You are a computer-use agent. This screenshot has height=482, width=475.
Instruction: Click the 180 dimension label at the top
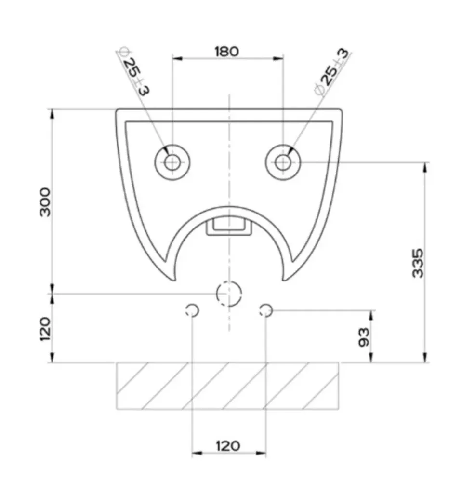[x=226, y=52]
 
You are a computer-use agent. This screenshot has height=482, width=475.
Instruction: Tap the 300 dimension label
[x=45, y=202]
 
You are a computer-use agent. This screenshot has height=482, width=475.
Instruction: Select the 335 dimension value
[x=418, y=263]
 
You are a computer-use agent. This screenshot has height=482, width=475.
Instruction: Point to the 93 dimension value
[x=364, y=337]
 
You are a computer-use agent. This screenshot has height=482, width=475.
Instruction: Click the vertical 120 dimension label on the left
[x=45, y=329]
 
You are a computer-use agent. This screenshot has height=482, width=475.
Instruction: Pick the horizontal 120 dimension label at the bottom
[x=228, y=446]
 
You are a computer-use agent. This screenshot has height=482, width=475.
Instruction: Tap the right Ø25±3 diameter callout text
[x=332, y=71]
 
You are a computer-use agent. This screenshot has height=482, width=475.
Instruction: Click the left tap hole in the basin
[x=172, y=162]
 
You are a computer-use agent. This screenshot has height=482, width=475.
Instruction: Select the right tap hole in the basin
[x=283, y=162]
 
